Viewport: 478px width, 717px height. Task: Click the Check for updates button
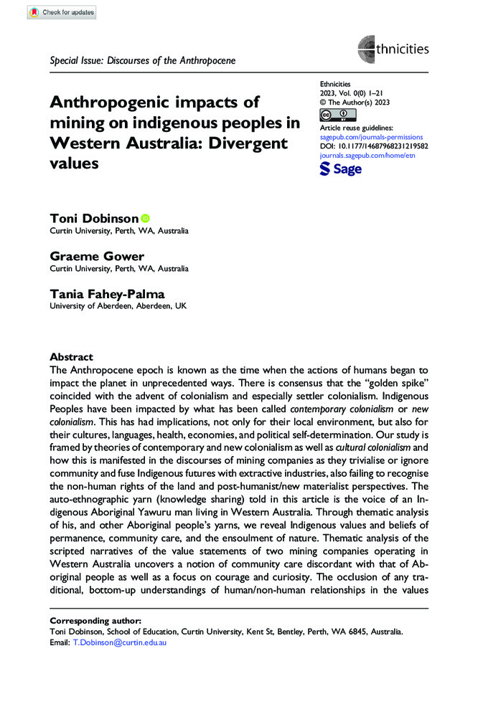tap(62, 12)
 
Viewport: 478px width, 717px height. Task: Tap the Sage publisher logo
tap(340, 168)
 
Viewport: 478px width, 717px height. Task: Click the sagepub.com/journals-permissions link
tap(371, 136)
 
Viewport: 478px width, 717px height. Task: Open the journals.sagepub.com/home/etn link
tap(367, 153)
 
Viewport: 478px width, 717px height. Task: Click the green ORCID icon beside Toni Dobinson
tap(146, 218)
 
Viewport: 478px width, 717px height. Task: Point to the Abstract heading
tap(71, 356)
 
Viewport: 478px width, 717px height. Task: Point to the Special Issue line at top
tap(143, 60)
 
